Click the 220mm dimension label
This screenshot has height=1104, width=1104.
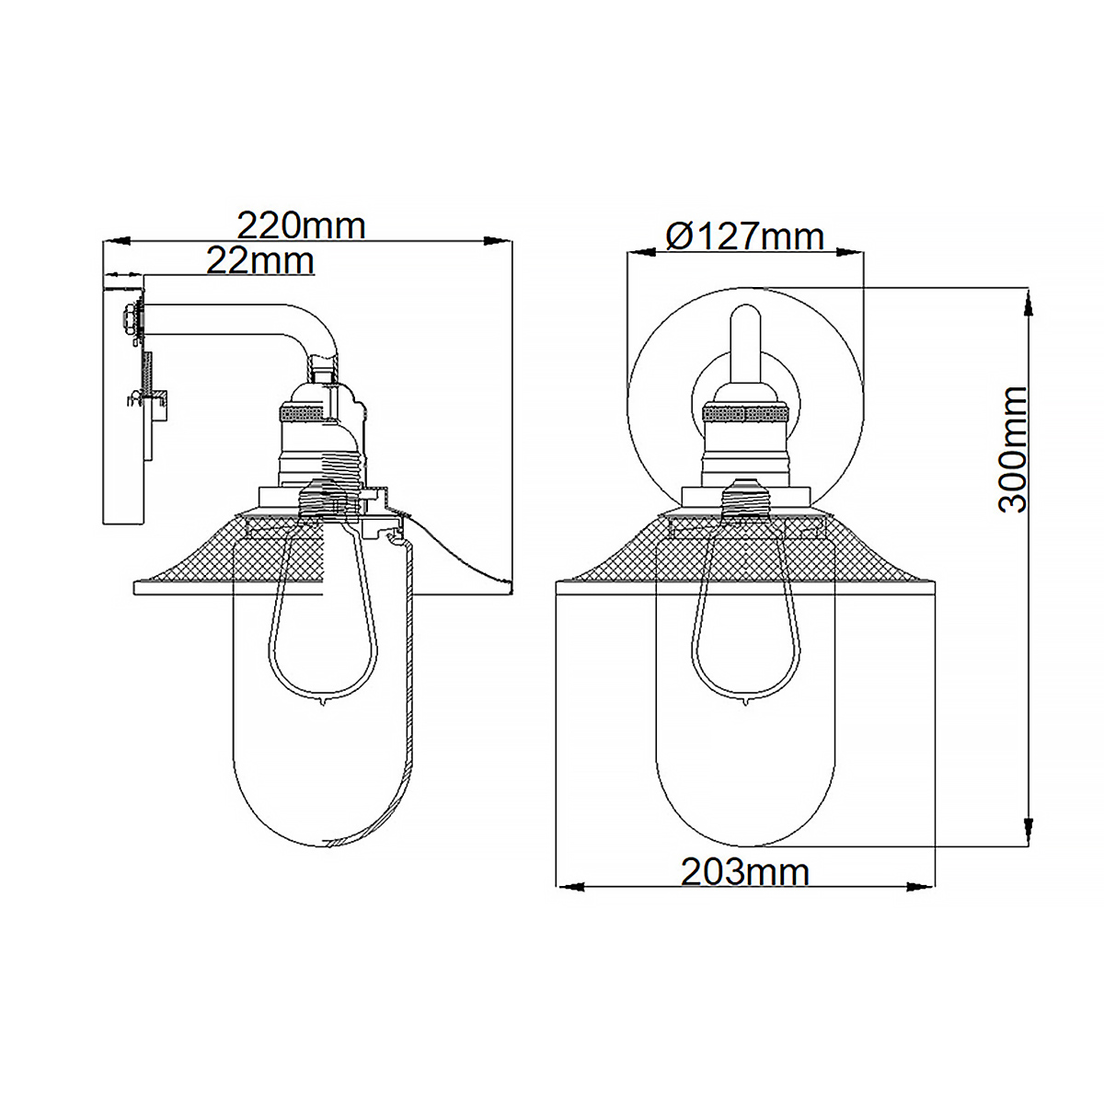click(x=301, y=225)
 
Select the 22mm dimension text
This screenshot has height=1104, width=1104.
click(x=259, y=261)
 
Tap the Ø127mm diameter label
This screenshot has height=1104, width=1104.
click(x=744, y=237)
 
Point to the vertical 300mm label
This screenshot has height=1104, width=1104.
click(x=1013, y=449)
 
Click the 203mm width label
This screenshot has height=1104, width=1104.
click(x=744, y=871)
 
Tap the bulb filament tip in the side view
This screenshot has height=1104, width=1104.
click(x=323, y=705)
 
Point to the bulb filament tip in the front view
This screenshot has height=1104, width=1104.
click(x=743, y=705)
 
